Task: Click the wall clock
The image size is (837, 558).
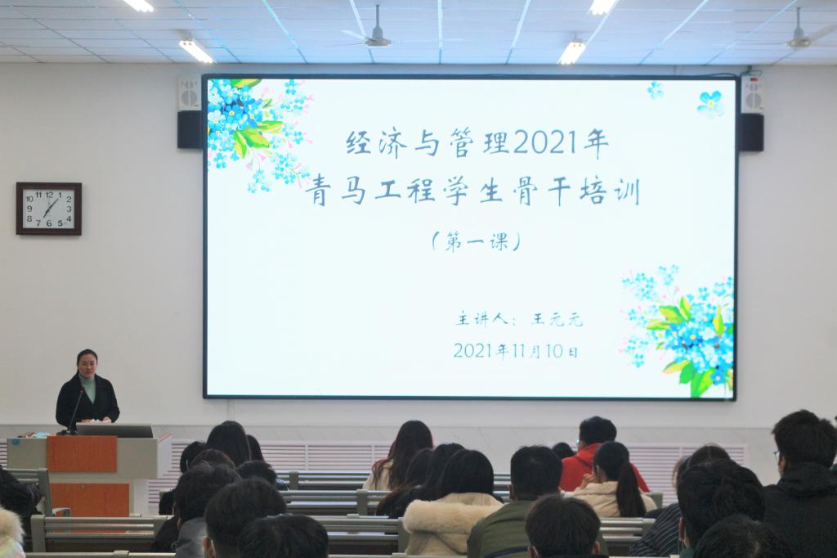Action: click(x=48, y=209)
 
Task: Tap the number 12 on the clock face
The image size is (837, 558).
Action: click(x=49, y=195)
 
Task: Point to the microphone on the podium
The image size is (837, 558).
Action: click(x=76, y=410)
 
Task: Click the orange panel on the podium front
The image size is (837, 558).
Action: click(x=82, y=454)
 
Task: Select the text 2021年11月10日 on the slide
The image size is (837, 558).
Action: click(x=516, y=351)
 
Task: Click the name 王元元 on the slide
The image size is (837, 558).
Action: click(x=556, y=320)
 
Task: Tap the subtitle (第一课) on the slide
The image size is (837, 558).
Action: click(x=477, y=242)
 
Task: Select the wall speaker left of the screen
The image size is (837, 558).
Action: click(x=190, y=112)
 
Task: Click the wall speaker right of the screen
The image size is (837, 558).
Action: click(x=752, y=113)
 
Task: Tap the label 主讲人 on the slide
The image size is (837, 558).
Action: click(x=482, y=319)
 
